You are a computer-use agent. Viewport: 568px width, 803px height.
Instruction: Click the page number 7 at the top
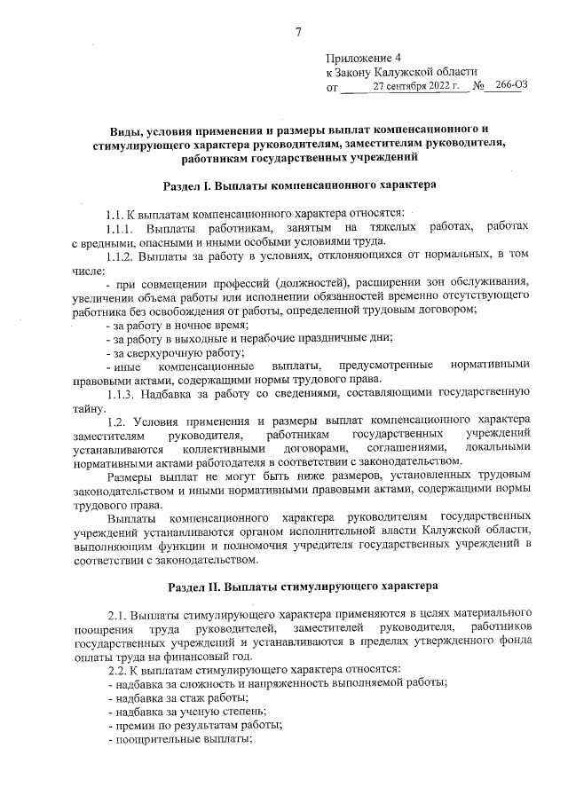(299, 33)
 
